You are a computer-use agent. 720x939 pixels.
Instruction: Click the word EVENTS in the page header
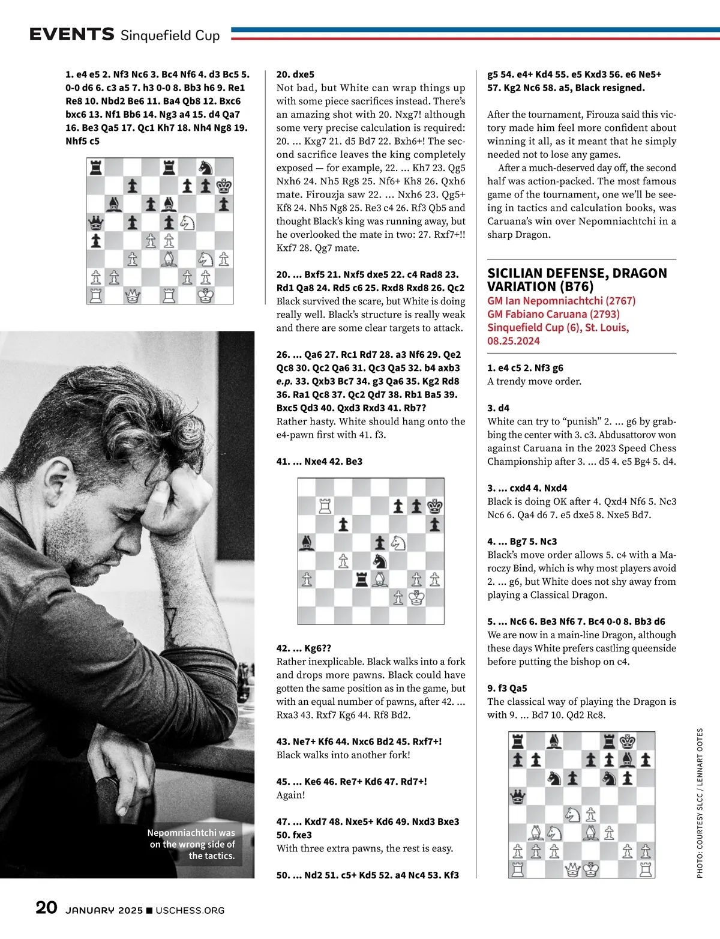click(x=71, y=34)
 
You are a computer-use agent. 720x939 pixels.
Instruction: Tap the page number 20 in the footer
click(x=46, y=907)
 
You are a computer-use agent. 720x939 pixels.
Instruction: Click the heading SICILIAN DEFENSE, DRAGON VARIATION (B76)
click(x=577, y=280)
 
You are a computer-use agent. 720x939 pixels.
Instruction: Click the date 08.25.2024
click(x=514, y=341)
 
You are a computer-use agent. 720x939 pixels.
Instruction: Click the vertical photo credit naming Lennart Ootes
click(x=700, y=803)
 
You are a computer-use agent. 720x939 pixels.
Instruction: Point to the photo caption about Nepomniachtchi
click(x=192, y=844)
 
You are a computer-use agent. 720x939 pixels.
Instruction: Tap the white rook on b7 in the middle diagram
click(x=325, y=506)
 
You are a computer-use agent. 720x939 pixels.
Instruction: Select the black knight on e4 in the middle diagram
click(x=380, y=561)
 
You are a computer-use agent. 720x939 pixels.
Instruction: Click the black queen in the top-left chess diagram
click(x=95, y=223)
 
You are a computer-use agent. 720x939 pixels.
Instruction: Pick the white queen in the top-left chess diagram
click(x=133, y=295)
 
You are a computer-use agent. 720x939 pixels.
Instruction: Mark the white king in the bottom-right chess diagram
click(x=592, y=869)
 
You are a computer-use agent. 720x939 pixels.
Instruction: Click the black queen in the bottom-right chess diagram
click(x=517, y=797)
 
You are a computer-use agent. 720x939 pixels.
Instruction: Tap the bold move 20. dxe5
click(x=295, y=74)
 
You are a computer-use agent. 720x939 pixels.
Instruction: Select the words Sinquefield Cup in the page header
click(x=170, y=35)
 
